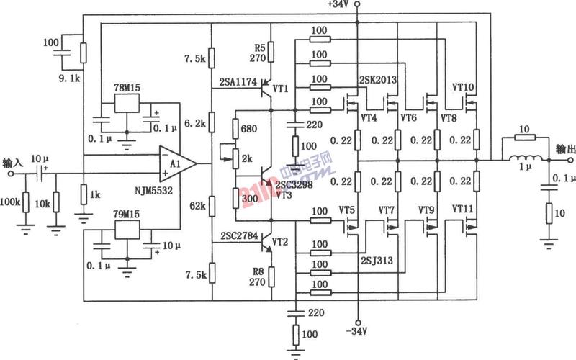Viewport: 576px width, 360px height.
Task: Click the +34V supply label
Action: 337,5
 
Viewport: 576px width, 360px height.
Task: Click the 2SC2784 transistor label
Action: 238,235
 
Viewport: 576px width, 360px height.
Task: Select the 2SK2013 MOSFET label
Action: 378,79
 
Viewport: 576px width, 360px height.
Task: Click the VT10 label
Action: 463,87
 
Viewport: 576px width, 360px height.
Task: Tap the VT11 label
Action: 463,209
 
